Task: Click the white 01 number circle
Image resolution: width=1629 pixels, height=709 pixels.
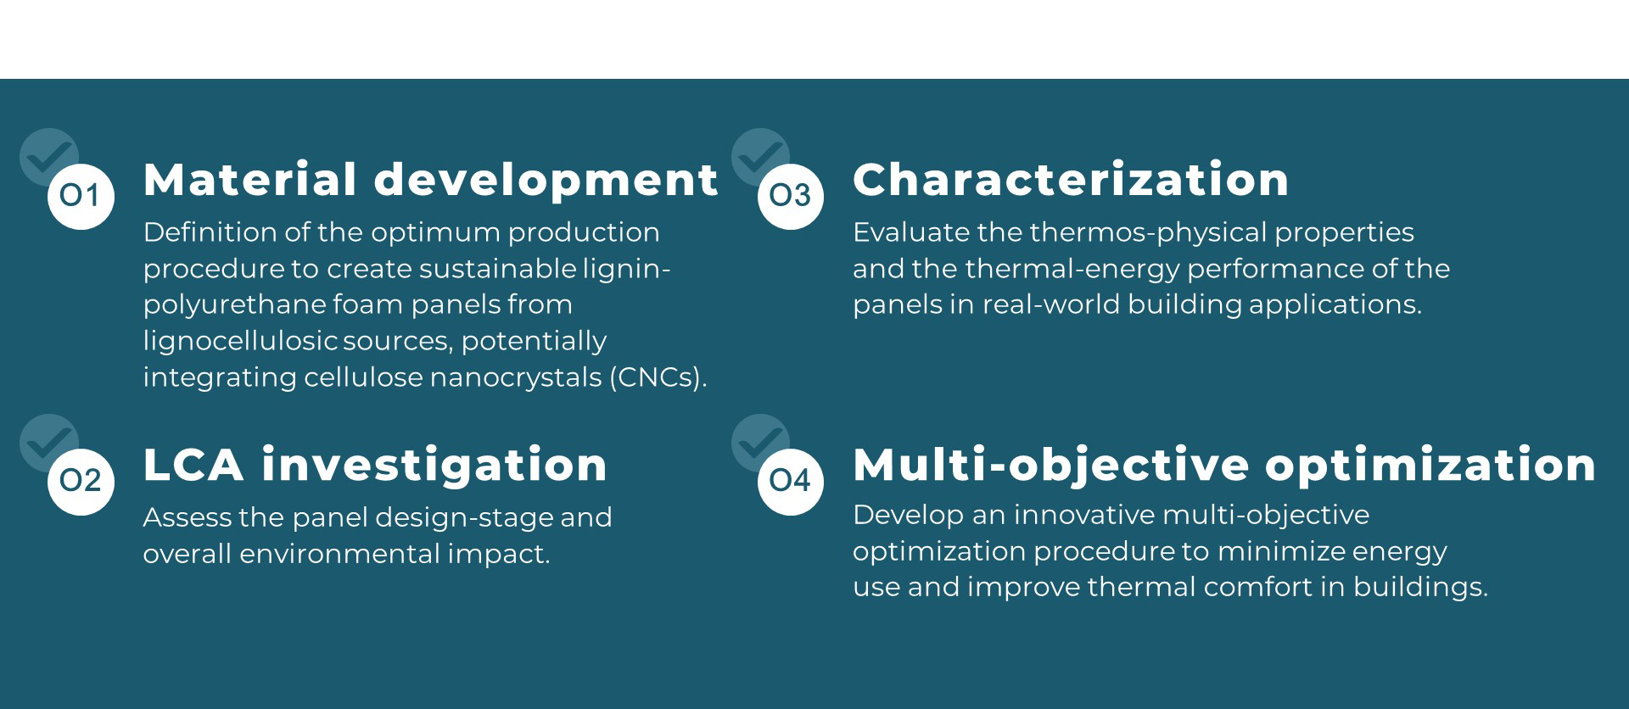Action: click(x=81, y=196)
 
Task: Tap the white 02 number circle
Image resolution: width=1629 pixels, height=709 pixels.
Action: click(x=81, y=482)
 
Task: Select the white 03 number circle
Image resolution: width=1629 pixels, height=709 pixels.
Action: click(x=791, y=196)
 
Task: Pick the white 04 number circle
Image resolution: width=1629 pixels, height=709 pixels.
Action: click(x=791, y=482)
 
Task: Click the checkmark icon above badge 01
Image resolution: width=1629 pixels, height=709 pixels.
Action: click(x=49, y=156)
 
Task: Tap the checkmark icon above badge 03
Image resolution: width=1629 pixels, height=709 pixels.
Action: click(x=760, y=156)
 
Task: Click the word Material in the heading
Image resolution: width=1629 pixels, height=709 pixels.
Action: click(x=250, y=180)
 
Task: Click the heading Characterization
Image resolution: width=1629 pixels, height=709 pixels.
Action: click(x=1071, y=180)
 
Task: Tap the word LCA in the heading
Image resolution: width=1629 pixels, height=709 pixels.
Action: click(x=193, y=465)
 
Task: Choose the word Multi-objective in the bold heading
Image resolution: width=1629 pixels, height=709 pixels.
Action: click(x=1051, y=466)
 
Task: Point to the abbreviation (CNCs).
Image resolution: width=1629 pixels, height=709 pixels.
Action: click(x=658, y=377)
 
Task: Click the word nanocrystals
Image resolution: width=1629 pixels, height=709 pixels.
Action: click(x=516, y=378)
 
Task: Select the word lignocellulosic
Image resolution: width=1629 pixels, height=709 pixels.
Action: click(x=241, y=341)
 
